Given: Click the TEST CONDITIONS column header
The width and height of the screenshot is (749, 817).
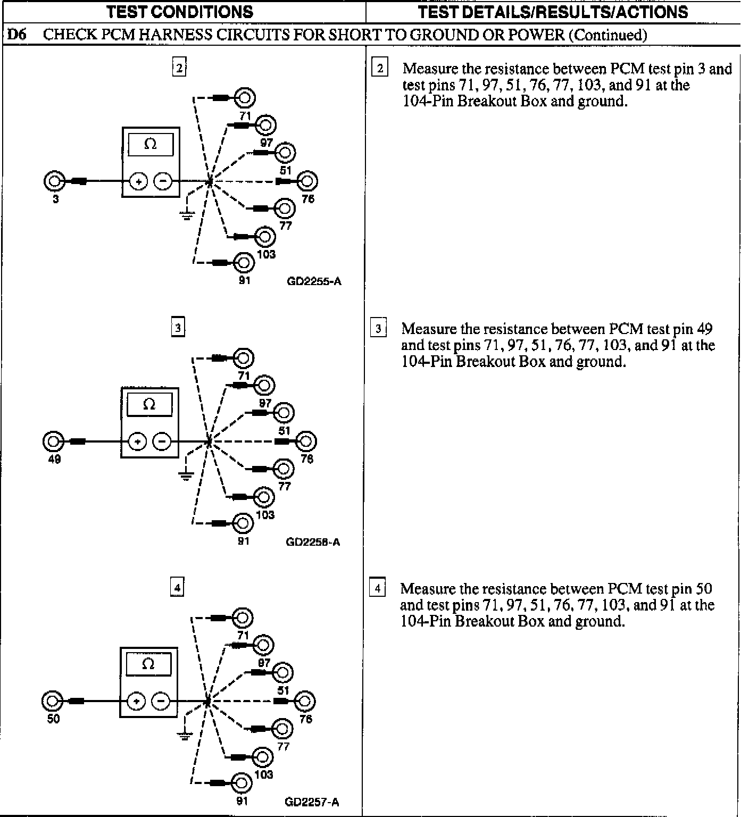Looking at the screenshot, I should click(x=179, y=12).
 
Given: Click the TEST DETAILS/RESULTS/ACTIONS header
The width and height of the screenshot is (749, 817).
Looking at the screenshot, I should click(x=553, y=12).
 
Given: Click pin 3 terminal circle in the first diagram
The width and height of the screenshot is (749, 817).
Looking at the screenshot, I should click(x=54, y=181).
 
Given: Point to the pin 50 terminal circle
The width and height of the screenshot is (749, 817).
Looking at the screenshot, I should click(x=52, y=701).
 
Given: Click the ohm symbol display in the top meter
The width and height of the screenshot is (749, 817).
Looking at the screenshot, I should click(x=151, y=144).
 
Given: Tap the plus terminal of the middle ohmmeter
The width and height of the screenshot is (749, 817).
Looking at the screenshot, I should click(x=137, y=441).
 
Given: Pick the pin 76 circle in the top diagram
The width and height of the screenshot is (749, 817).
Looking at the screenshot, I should click(x=307, y=181).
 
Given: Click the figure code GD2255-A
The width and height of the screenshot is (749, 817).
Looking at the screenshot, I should click(x=314, y=282).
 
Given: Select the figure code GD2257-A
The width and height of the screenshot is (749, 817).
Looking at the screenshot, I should click(x=312, y=802).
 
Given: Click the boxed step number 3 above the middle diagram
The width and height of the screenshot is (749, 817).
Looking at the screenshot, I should click(x=178, y=328).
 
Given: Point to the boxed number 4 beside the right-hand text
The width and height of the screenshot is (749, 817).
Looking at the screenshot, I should click(x=378, y=588).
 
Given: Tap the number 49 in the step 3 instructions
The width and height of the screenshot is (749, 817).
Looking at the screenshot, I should click(x=704, y=328).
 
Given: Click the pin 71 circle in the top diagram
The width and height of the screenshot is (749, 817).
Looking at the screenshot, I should click(x=245, y=98).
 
